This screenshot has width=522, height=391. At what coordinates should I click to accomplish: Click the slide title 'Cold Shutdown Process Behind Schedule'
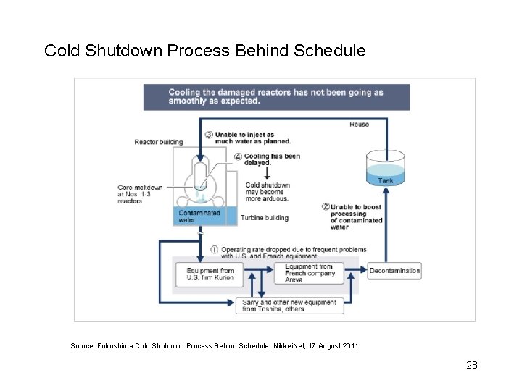[205, 51]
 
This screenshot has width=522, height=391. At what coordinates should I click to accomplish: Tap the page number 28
[471, 365]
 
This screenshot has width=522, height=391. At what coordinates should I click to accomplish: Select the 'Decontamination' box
[394, 271]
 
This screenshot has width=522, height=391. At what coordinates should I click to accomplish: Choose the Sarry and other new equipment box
[289, 306]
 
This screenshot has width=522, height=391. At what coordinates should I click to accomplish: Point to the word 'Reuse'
[360, 124]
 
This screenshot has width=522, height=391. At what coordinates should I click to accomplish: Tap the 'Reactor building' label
[158, 142]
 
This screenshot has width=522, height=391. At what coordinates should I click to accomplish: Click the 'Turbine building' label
[264, 217]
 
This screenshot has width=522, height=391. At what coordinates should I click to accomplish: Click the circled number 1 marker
[215, 250]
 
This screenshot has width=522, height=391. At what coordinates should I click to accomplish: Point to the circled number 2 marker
[326, 206]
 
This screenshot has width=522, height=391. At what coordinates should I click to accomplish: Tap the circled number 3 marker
[209, 135]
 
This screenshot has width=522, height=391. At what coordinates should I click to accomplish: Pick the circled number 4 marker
[239, 156]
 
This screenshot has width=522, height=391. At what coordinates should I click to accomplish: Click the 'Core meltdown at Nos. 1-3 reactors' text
[140, 194]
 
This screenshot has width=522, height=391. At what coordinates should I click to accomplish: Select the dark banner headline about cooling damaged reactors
[276, 96]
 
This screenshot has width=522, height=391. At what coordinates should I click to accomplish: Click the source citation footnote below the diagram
[214, 346]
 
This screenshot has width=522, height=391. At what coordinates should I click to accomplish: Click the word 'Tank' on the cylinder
[386, 180]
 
